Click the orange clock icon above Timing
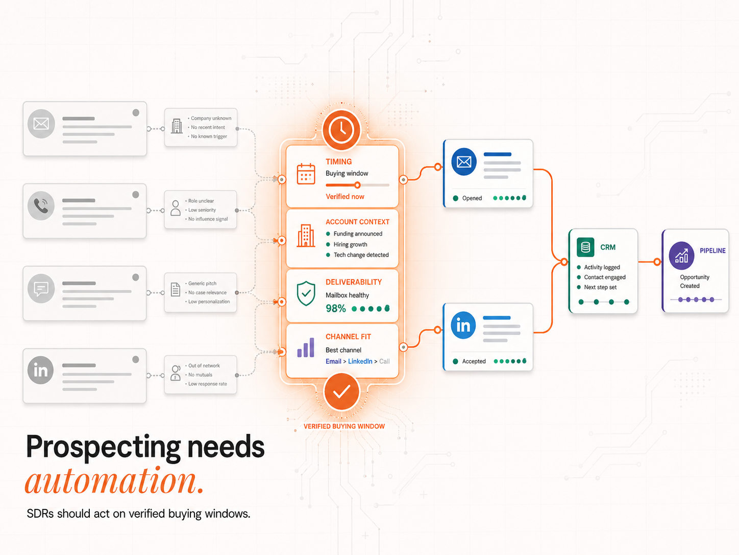341,130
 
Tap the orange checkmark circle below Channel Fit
341,391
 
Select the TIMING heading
338,162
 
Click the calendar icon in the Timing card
306,174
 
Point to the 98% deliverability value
336,308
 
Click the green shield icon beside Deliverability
306,293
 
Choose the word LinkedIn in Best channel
360,361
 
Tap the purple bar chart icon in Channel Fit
306,348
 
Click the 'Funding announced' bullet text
358,234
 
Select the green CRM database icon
585,247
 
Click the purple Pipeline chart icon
681,256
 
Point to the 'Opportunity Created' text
694,282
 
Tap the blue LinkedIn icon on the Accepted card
463,326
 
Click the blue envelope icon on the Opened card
464,162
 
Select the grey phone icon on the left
41,205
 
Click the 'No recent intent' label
208,127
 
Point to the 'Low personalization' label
209,302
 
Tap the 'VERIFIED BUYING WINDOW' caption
344,426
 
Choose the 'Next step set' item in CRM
600,287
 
